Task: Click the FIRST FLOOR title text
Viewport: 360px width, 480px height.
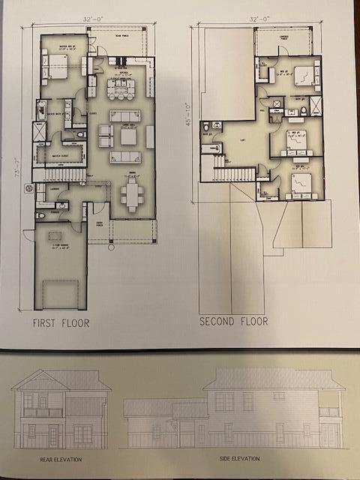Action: click(x=61, y=323)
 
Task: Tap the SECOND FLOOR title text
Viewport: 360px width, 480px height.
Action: click(x=233, y=321)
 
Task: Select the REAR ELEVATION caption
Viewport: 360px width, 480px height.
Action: click(x=61, y=459)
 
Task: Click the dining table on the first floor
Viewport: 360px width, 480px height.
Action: click(x=133, y=196)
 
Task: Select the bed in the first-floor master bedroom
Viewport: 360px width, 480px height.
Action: click(x=56, y=69)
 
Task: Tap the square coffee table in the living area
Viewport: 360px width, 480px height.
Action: click(x=127, y=137)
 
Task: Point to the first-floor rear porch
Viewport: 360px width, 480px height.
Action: click(x=118, y=41)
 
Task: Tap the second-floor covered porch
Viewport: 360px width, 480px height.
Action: click(x=283, y=41)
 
